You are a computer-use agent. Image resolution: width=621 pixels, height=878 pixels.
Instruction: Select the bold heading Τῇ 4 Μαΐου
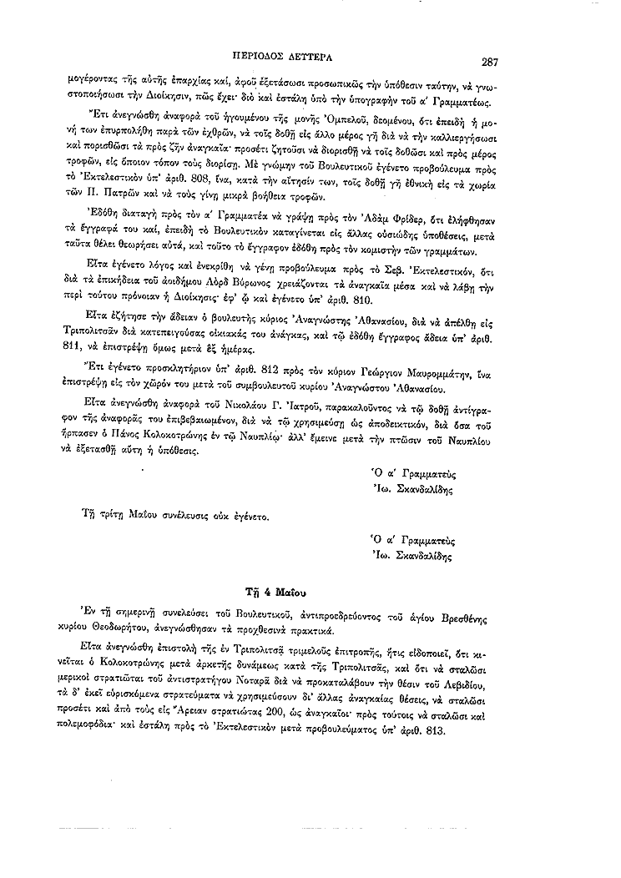pyautogui.click(x=280, y=591)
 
